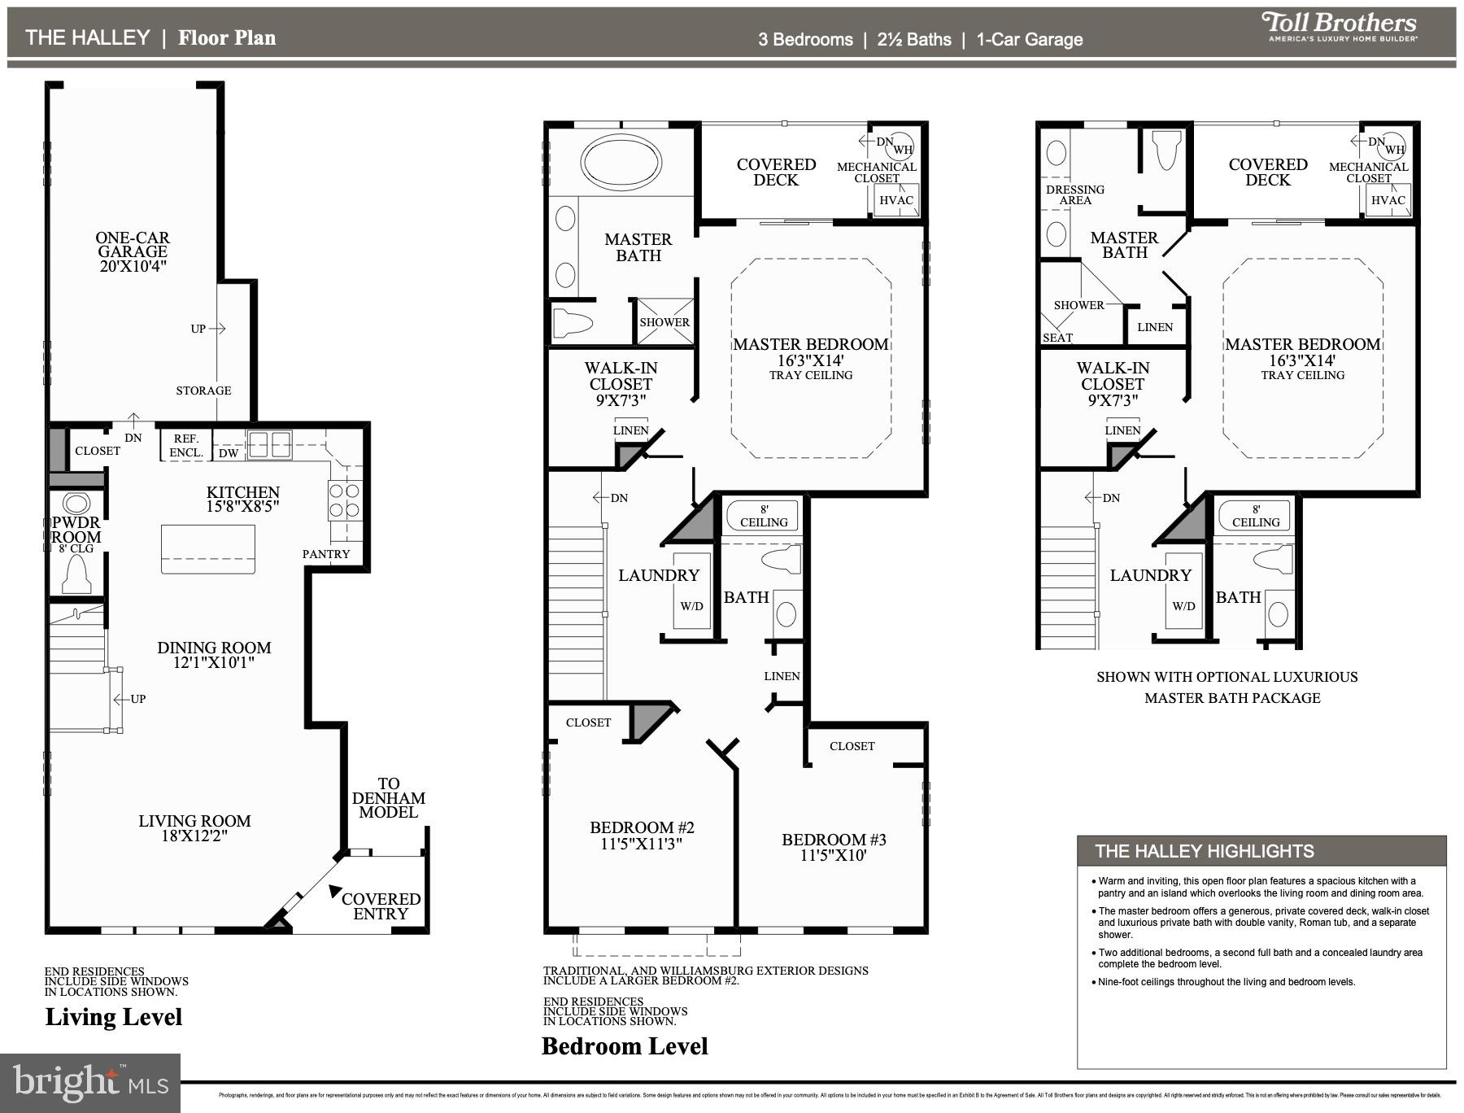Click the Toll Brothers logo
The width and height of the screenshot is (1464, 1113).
[1339, 26]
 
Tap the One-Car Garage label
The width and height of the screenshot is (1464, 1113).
[132, 245]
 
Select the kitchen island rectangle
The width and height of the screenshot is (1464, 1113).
[208, 548]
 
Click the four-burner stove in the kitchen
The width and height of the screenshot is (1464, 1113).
[344, 501]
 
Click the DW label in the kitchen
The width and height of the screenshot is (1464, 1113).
[229, 453]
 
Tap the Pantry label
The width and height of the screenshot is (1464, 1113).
[326, 554]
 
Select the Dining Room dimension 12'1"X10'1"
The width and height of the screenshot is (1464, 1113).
[214, 663]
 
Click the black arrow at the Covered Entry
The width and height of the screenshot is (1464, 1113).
[334, 892]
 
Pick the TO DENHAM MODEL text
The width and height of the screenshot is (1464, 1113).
[388, 798]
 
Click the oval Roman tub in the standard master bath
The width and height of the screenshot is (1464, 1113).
[621, 161]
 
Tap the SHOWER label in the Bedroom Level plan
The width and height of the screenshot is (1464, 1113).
[664, 322]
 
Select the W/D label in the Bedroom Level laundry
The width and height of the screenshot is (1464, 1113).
[691, 606]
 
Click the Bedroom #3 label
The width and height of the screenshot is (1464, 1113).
[834, 840]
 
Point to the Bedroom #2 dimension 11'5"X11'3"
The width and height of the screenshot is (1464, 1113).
[642, 845]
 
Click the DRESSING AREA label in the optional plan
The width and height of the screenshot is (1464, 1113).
[1074, 194]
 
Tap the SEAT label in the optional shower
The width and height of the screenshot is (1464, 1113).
[1057, 338]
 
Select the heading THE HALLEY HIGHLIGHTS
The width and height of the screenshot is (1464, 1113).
[1204, 851]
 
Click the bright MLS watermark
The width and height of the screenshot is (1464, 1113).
[89, 1083]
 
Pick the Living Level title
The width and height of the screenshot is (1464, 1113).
[114, 1017]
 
